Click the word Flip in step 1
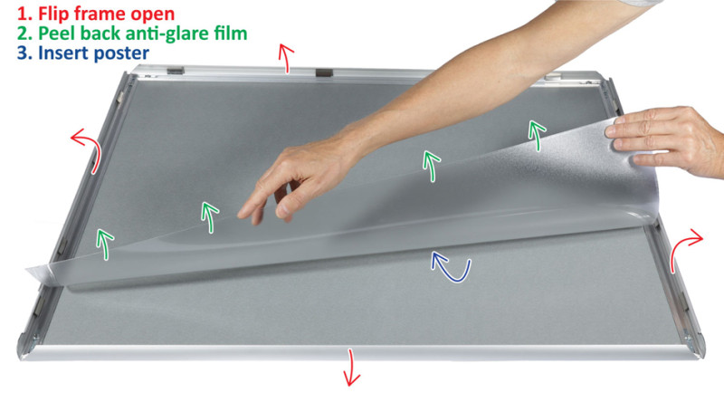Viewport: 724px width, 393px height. click(49, 14)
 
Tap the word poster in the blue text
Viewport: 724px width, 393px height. click(121, 53)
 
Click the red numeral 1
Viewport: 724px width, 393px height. click(24, 14)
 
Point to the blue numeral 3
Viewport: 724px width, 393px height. click(24, 53)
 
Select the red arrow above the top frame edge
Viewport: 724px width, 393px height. click(286, 58)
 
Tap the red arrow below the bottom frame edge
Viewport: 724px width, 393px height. click(351, 367)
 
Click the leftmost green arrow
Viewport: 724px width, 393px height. click(105, 244)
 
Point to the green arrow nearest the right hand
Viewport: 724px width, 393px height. click(537, 135)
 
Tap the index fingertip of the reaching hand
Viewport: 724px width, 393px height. click(242, 215)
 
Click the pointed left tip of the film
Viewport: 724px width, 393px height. click(27, 269)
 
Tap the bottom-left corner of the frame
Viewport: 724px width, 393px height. click(21, 355)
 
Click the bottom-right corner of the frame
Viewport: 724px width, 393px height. click(703, 355)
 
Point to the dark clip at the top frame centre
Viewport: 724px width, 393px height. click(324, 72)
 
